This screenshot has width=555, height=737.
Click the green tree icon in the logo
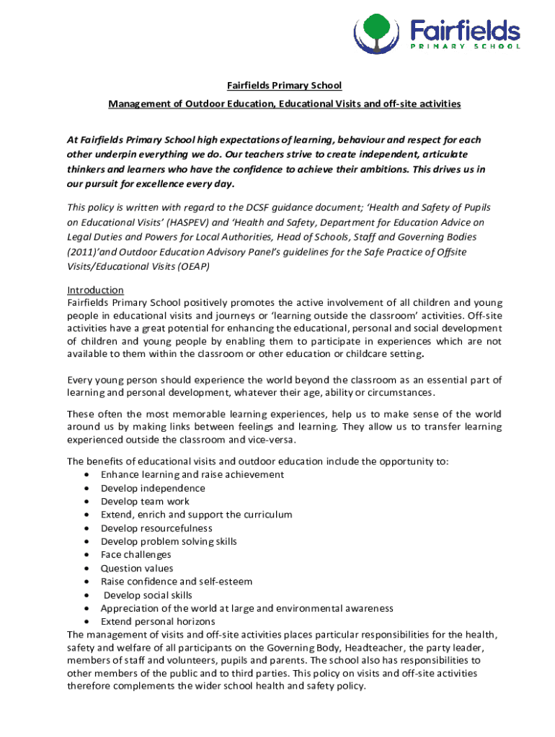[x=375, y=29]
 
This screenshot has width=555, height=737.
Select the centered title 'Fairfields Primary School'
[x=285, y=86]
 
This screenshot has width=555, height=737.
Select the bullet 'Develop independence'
[x=153, y=488]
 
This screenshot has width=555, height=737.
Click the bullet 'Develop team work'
[x=145, y=501]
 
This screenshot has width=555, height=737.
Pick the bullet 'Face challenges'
[x=136, y=555]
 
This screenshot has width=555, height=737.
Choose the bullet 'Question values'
[x=137, y=568]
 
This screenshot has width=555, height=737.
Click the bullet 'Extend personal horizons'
[x=158, y=621]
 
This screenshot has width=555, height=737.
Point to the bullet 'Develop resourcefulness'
[x=156, y=528]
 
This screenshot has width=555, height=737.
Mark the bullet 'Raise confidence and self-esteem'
[x=177, y=582]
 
